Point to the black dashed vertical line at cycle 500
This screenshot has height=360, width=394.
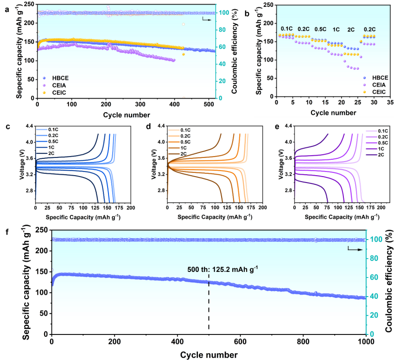point(209,310)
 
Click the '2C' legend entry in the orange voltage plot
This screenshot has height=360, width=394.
point(184,154)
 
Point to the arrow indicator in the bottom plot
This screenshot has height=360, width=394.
point(356,249)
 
